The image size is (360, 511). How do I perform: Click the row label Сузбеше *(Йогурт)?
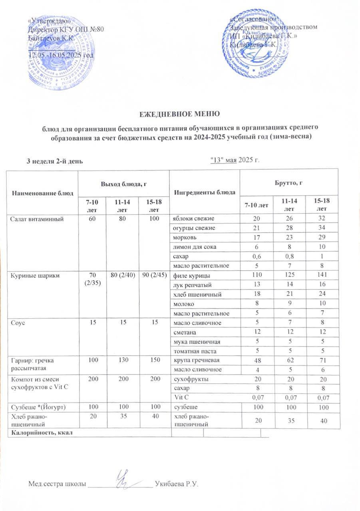point(38,407)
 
